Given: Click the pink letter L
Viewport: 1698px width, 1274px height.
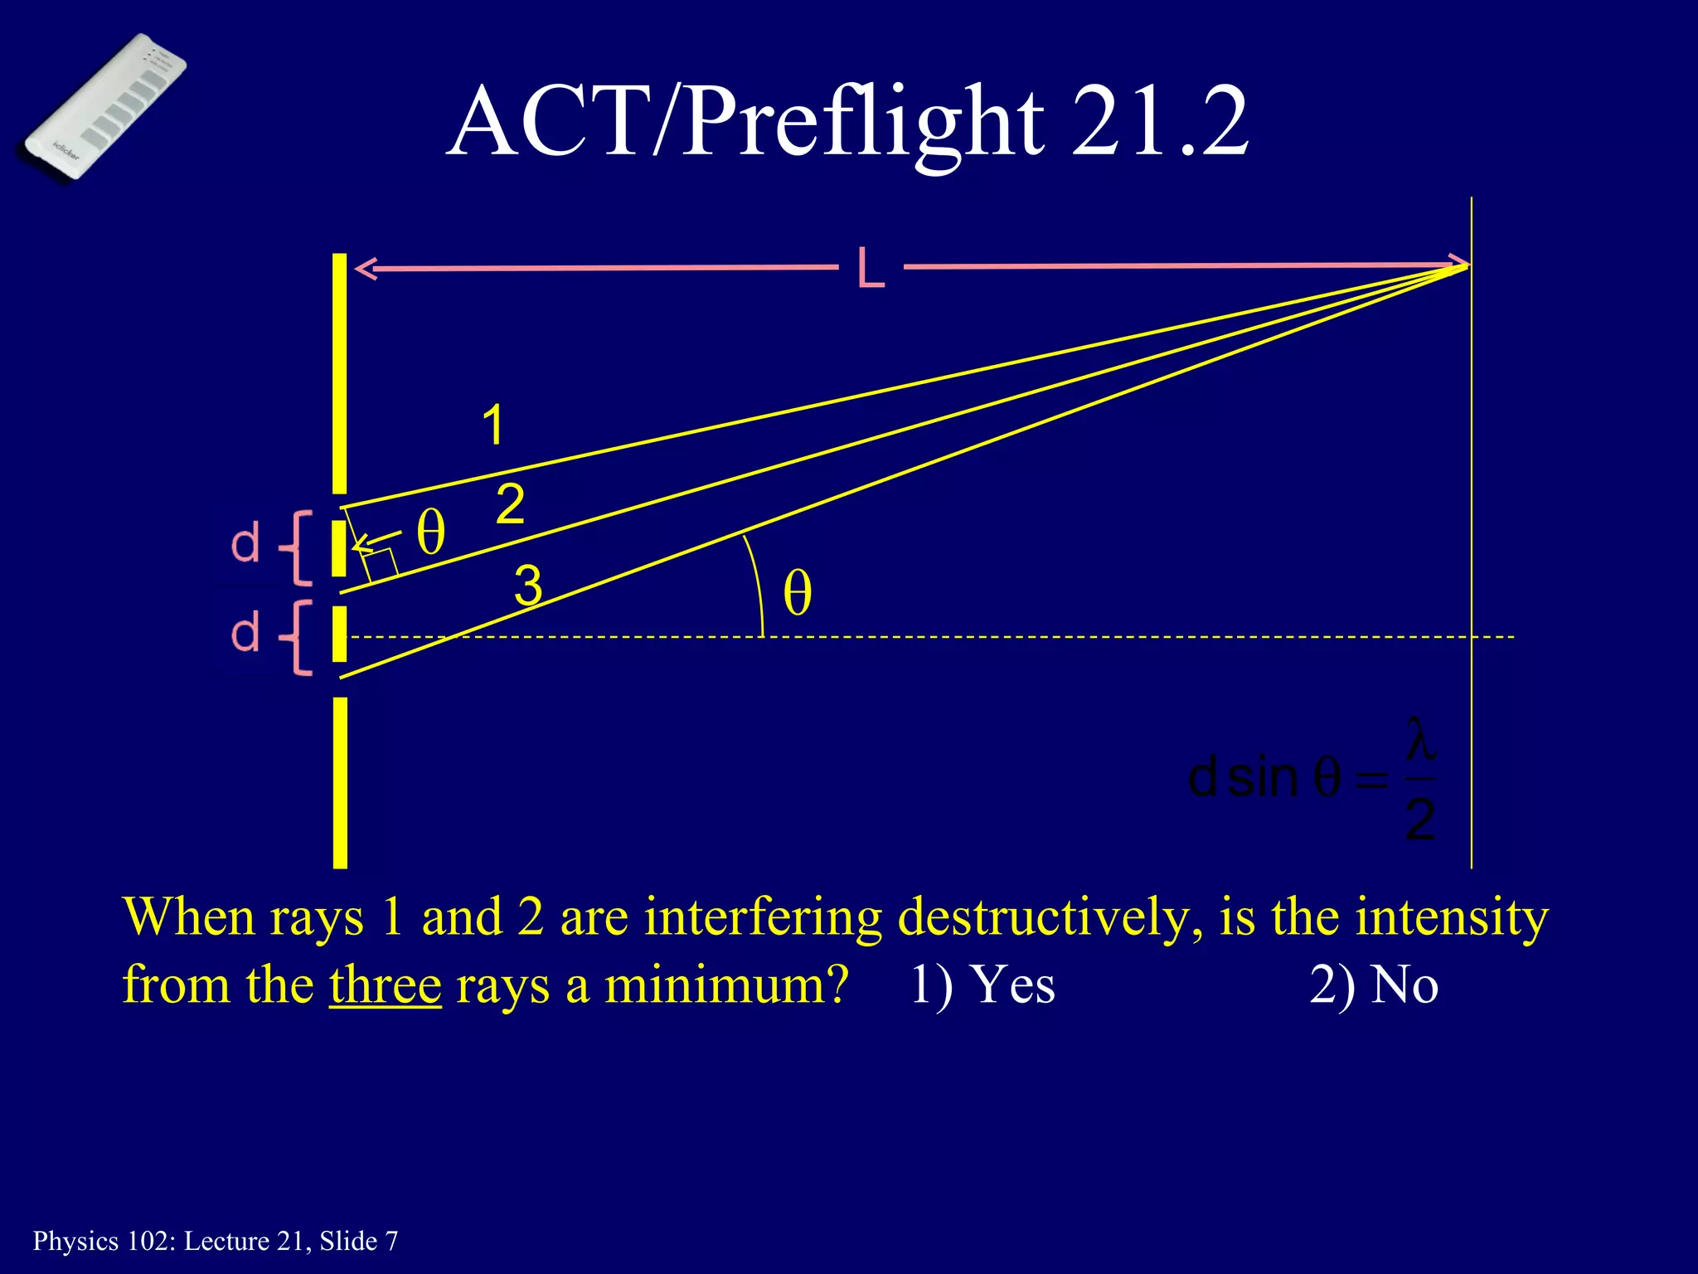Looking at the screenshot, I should (x=871, y=268).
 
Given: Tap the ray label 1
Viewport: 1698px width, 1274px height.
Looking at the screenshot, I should (x=492, y=425).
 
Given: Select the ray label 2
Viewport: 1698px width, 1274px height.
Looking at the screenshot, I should (x=510, y=504).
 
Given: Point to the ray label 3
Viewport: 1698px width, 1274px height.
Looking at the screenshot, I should (x=528, y=585).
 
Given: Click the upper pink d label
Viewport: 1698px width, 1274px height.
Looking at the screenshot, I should (x=245, y=545).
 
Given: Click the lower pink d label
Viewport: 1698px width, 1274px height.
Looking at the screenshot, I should (x=245, y=634).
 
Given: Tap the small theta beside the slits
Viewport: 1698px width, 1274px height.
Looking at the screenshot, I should (x=430, y=532).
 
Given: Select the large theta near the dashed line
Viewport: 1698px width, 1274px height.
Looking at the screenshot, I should (x=797, y=594).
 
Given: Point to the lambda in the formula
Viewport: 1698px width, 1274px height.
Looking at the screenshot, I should (x=1420, y=741).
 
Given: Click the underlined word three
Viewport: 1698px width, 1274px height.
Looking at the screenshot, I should (x=385, y=985).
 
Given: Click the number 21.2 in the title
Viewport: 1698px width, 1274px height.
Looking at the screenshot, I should (x=1159, y=123).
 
